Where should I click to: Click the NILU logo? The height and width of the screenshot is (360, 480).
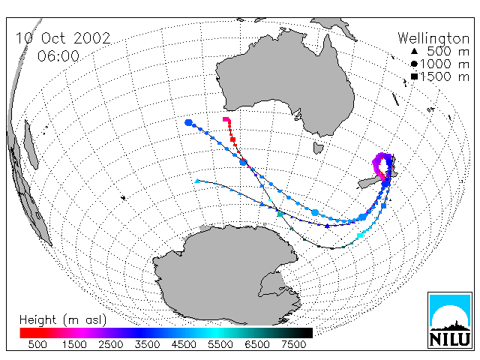click(450, 320)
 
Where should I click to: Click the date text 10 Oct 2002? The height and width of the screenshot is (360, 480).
click(63, 38)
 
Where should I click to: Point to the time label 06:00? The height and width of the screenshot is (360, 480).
click(58, 56)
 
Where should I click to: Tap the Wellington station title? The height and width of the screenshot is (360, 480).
click(433, 38)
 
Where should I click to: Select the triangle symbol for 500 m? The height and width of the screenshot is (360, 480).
click(414, 52)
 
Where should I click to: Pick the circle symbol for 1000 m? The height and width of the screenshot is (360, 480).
click(414, 64)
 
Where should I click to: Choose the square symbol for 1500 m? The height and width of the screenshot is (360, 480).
click(414, 76)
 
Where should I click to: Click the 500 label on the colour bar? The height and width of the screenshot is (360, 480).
click(37, 344)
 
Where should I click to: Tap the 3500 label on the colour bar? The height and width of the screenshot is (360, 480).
click(147, 344)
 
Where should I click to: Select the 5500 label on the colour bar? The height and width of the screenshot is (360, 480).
click(220, 344)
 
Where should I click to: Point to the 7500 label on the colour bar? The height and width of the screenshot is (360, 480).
click(293, 344)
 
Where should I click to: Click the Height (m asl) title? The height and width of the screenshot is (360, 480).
click(63, 320)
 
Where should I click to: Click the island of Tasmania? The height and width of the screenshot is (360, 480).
click(319, 148)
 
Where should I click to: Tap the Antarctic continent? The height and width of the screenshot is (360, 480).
click(226, 275)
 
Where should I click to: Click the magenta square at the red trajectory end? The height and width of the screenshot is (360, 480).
click(226, 119)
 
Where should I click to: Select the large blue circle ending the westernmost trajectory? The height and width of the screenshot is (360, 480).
click(188, 123)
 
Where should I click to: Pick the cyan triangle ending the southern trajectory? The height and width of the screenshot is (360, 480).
click(197, 181)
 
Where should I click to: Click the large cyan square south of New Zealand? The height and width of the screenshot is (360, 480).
click(360, 235)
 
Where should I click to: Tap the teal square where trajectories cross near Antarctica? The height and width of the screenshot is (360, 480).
click(280, 214)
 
